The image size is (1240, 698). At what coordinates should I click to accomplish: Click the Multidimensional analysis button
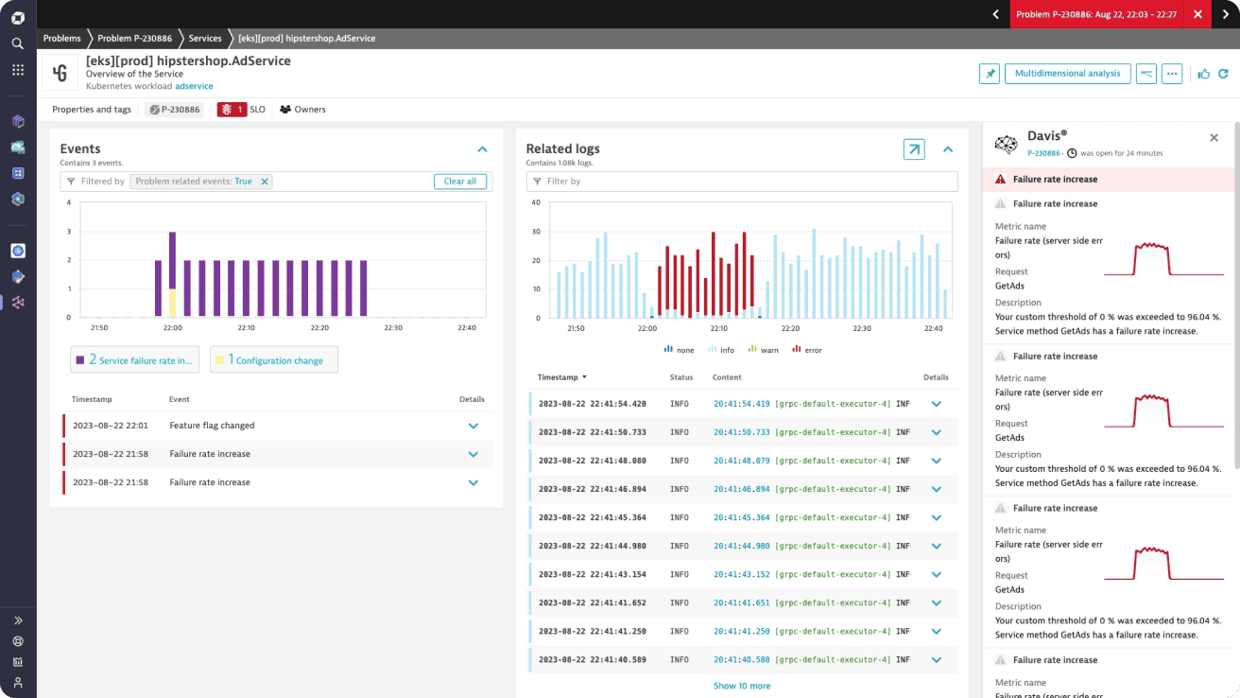click(x=1067, y=73)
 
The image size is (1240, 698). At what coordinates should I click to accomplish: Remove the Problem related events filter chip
click(x=265, y=182)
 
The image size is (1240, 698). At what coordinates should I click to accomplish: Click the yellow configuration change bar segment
click(x=172, y=303)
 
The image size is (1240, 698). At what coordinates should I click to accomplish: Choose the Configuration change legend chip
click(x=273, y=360)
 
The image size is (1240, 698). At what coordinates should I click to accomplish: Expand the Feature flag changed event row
click(x=474, y=426)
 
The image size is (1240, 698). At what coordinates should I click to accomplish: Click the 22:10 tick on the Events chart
click(x=246, y=328)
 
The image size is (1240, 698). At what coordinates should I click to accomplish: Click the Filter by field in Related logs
click(x=742, y=182)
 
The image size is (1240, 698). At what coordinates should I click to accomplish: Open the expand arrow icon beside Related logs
click(x=914, y=149)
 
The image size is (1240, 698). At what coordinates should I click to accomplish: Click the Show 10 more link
click(x=742, y=686)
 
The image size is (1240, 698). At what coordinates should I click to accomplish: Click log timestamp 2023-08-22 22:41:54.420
click(x=592, y=404)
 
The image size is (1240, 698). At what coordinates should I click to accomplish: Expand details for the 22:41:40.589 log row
click(x=937, y=660)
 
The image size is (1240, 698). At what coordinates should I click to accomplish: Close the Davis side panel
click(x=1214, y=138)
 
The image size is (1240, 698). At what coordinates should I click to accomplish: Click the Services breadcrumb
click(x=205, y=39)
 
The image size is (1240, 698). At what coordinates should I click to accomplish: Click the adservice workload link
click(x=194, y=86)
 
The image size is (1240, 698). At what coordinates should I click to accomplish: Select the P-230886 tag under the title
click(x=174, y=110)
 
